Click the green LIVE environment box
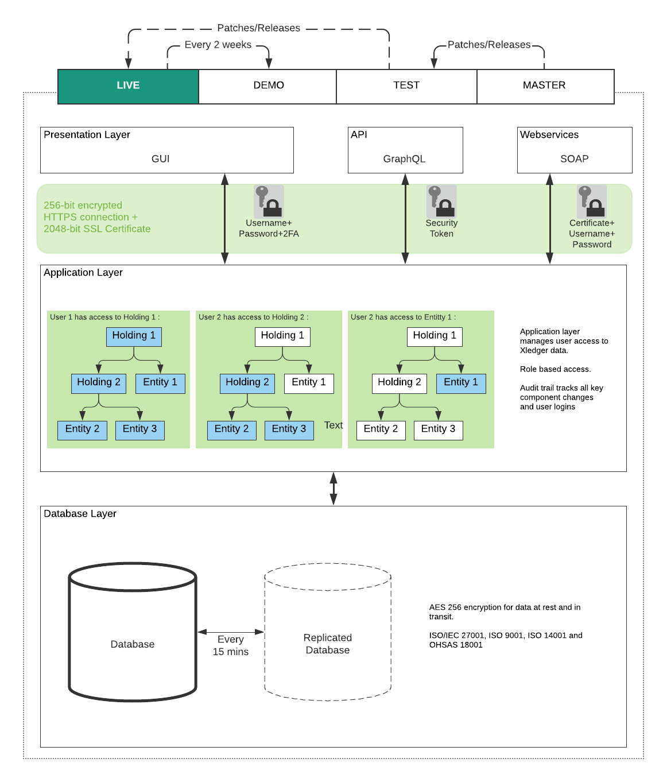(x=128, y=87)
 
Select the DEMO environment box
(x=267, y=87)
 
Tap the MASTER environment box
(x=545, y=87)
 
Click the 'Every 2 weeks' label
(x=218, y=45)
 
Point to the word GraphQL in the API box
(x=404, y=159)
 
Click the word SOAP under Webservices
(x=575, y=159)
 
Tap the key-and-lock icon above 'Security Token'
(x=441, y=202)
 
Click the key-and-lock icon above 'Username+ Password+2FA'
(x=269, y=202)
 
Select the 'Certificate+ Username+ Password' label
(x=592, y=234)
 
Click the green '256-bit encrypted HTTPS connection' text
(x=97, y=217)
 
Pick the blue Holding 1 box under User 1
(x=134, y=336)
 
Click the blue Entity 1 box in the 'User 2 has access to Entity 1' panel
(x=461, y=384)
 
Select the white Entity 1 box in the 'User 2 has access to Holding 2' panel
(x=309, y=384)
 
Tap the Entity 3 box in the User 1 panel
(x=139, y=430)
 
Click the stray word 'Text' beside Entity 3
(x=333, y=425)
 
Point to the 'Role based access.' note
(x=555, y=369)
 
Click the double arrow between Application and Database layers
(x=333, y=489)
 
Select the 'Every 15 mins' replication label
(x=230, y=645)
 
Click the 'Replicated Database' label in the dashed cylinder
(x=328, y=644)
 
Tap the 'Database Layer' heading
(x=80, y=513)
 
